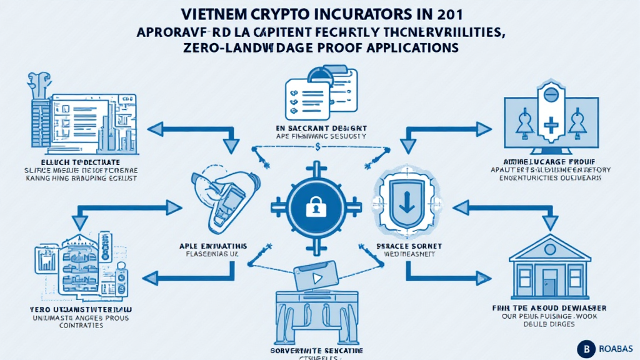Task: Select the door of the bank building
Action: click(549, 279)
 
